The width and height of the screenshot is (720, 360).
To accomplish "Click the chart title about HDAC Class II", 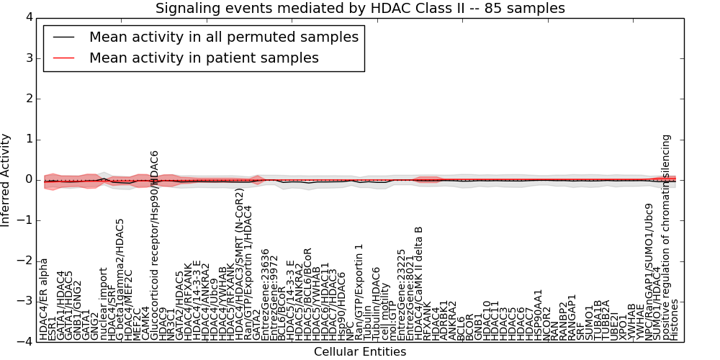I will (x=360, y=8).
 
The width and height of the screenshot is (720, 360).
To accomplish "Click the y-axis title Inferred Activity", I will (x=6, y=180).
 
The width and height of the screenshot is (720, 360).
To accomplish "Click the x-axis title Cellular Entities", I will (x=360, y=352).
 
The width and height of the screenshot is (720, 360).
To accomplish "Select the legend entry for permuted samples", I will (x=223, y=37).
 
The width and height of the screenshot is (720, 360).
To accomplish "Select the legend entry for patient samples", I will (x=204, y=58).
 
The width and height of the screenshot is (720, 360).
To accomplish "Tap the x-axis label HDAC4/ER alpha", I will (x=44, y=298).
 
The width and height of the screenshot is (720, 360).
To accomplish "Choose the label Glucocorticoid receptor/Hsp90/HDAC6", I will (x=154, y=245).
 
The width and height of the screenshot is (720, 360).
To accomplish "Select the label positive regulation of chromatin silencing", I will (x=666, y=236).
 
